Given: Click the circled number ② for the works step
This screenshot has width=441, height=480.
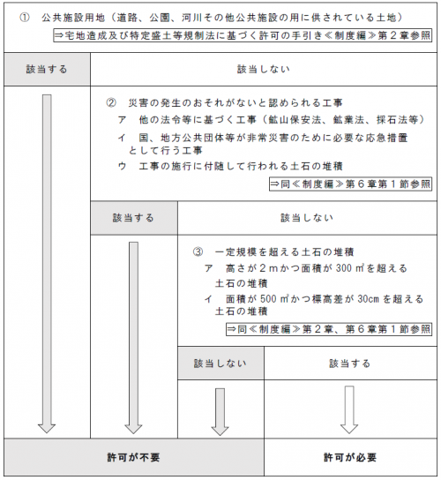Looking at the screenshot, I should [110, 102].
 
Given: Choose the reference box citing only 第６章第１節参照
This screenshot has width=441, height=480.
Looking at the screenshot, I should [350, 184].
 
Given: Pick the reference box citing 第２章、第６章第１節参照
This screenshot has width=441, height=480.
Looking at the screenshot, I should [329, 330].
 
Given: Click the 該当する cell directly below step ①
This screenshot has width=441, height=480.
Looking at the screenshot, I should [45, 68].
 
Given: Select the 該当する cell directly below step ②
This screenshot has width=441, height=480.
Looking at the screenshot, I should [133, 216].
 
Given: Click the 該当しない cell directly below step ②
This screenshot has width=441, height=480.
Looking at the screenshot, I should [306, 216].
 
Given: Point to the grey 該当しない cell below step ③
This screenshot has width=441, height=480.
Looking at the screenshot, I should [220, 363].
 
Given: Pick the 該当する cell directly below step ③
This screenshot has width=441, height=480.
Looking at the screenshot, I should [350, 363].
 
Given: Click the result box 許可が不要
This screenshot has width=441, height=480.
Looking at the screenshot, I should [133, 457].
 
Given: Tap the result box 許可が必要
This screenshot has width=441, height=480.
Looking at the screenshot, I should [350, 457].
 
